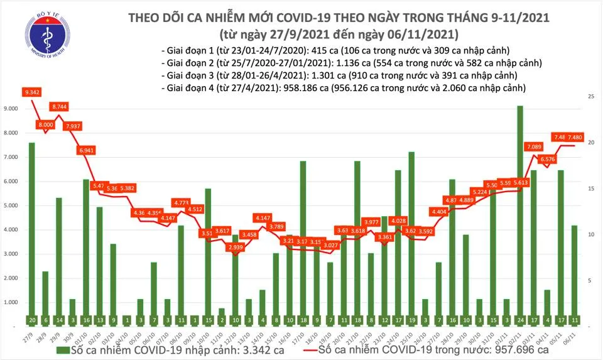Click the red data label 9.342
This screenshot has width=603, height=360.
tap(32, 92)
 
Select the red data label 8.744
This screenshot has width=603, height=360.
tap(60, 107)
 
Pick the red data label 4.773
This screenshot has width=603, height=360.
tap(180, 203)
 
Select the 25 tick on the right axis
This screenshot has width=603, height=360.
tap(591, 97)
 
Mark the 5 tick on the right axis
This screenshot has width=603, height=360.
tap(591, 280)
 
